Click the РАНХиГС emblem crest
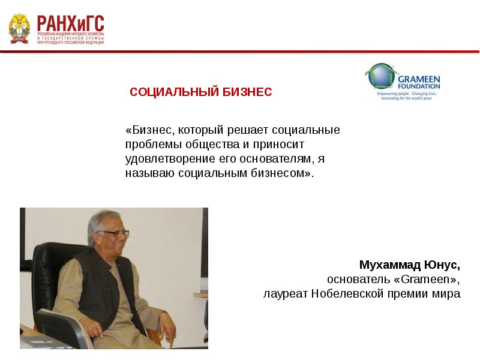(19, 28)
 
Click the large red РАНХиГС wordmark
(71, 23)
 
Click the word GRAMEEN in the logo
(418, 79)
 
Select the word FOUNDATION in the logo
(418, 86)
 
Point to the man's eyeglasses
(115, 233)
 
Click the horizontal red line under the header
(240, 52)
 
